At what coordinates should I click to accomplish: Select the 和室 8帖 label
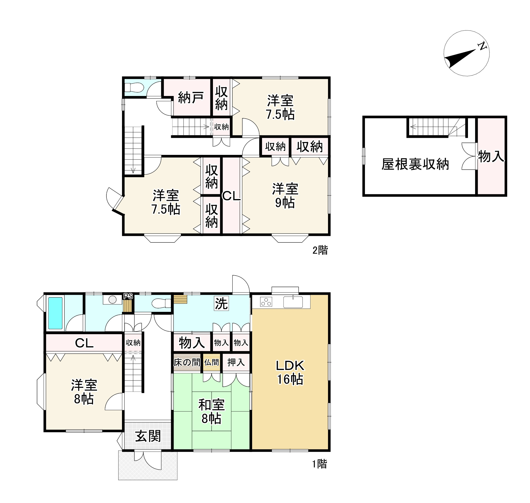(x=212, y=411)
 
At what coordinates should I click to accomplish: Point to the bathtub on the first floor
(x=55, y=313)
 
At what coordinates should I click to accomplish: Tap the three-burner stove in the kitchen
(x=266, y=302)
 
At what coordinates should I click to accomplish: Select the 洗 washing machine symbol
(x=221, y=303)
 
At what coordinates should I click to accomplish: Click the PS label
(x=128, y=296)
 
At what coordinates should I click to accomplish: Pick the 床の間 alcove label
(x=187, y=363)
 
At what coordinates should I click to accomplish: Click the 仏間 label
(x=212, y=363)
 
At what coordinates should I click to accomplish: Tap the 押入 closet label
(x=236, y=363)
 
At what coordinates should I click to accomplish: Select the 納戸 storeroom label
(x=191, y=97)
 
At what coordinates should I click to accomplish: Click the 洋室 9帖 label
(x=285, y=196)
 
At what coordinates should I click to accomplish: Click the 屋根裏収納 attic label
(x=415, y=164)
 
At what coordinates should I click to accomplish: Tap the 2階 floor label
(x=320, y=250)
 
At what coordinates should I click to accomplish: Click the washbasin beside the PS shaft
(x=112, y=300)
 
